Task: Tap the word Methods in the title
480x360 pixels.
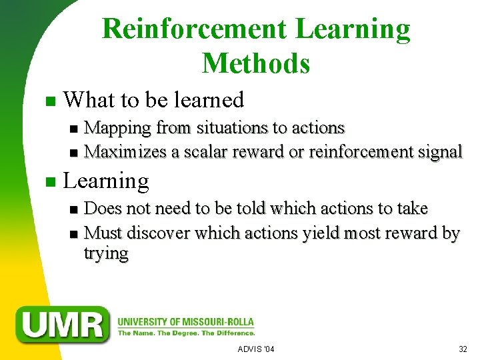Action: (x=256, y=63)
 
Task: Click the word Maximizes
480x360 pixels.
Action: (x=126, y=151)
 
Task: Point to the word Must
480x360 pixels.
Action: (x=104, y=233)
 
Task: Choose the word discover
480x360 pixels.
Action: (x=158, y=233)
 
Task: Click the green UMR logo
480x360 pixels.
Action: (x=63, y=324)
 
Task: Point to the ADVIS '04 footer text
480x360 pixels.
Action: (x=256, y=349)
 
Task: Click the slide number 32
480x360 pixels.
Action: (x=463, y=349)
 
